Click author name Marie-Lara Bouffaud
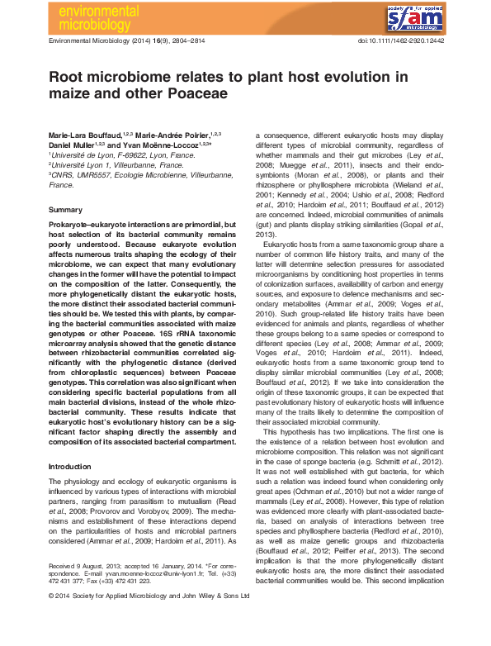[84, 134]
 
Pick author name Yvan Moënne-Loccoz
[167, 144]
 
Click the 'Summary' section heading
[66, 210]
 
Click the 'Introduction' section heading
[72, 467]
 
